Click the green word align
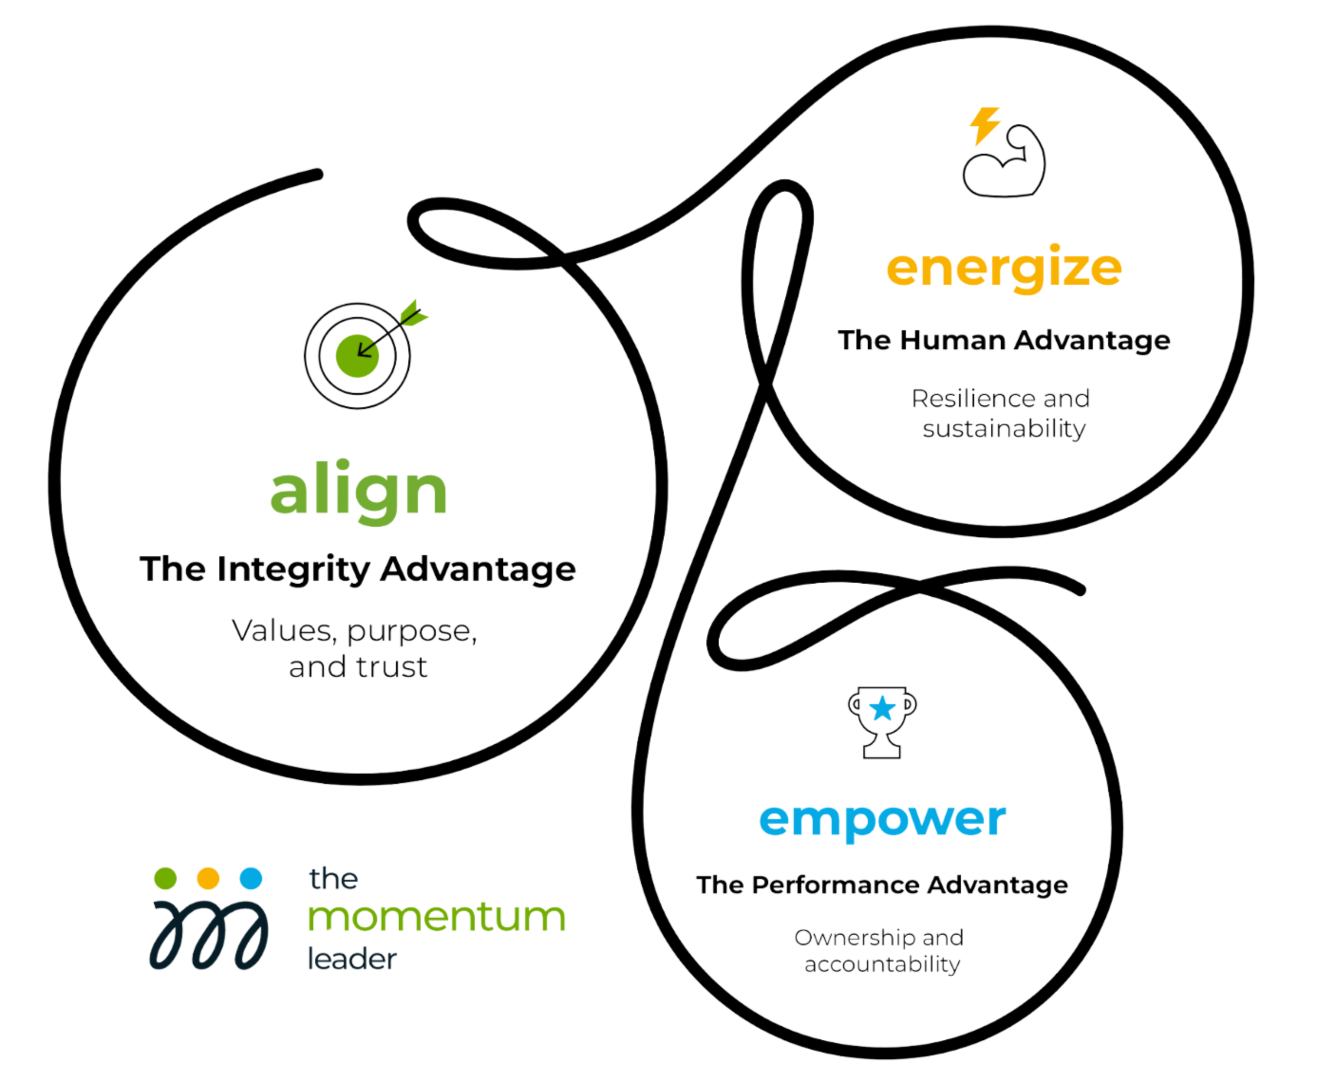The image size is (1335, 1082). pos(358,491)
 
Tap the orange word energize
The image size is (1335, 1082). pos(1004,268)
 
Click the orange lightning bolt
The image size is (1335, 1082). pos(985,125)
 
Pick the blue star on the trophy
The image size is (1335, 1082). pos(882,708)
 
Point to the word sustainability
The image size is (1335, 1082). pos(1004,429)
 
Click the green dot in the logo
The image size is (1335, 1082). pos(165,878)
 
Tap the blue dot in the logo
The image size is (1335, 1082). pos(251,878)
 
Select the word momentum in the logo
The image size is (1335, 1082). pos(436,918)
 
